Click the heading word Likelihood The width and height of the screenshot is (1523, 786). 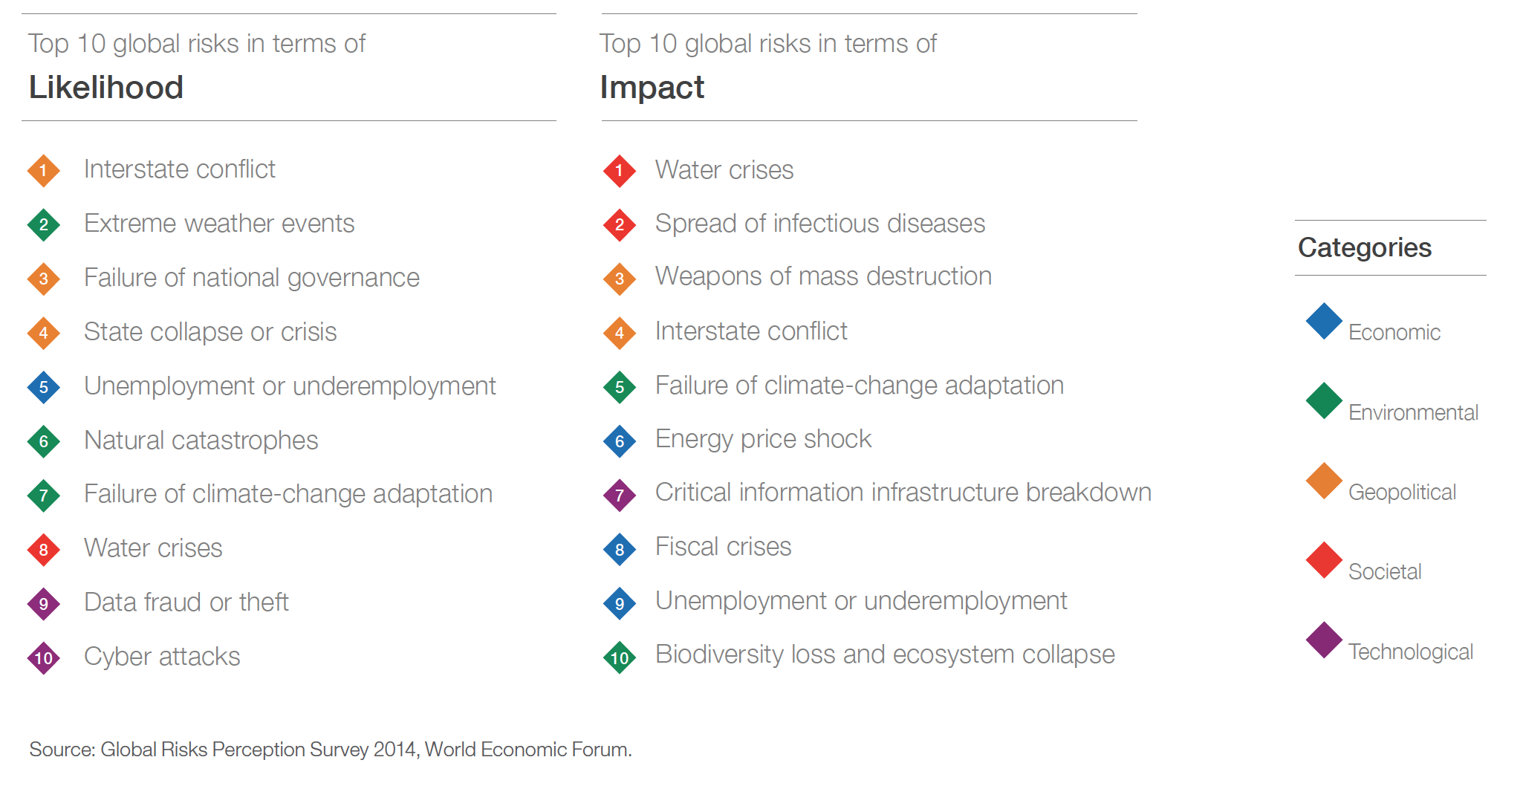[105, 88]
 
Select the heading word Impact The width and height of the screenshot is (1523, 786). [652, 88]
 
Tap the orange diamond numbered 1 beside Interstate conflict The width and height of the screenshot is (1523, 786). [44, 171]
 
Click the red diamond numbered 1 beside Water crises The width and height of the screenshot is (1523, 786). [620, 171]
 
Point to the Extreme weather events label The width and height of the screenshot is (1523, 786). [219, 224]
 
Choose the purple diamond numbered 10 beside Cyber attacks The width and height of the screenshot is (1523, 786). [44, 658]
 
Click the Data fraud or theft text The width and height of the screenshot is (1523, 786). [186, 602]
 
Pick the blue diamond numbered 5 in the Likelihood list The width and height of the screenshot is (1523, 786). [44, 388]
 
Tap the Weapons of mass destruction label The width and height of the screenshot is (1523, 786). [823, 276]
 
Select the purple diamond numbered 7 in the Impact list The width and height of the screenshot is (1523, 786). [620, 496]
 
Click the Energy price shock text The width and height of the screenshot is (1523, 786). [763, 440]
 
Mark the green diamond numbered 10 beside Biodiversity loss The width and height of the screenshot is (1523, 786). [620, 657]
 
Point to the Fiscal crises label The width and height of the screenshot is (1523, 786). [723, 547]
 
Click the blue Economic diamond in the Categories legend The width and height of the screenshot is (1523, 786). [1324, 321]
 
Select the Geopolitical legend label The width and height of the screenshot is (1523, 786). [1402, 493]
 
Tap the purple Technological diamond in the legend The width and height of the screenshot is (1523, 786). [1324, 640]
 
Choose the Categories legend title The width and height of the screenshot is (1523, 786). [1364, 248]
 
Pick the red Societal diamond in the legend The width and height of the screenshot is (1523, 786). [1324, 560]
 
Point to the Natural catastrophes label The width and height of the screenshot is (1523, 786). [201, 441]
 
